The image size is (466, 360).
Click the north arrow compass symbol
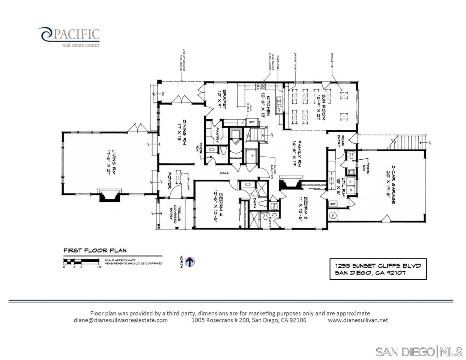(190, 262)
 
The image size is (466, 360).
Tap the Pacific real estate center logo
(69, 37)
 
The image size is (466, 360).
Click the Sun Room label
(321, 107)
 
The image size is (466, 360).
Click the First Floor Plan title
(95, 250)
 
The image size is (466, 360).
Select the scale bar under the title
(82, 261)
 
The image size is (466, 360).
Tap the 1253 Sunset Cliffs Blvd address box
(378, 269)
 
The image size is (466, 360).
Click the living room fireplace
(110, 196)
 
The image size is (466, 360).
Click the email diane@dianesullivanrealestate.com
(121, 320)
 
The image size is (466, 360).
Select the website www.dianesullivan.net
(358, 320)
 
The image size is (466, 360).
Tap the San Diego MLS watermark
(419, 352)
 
